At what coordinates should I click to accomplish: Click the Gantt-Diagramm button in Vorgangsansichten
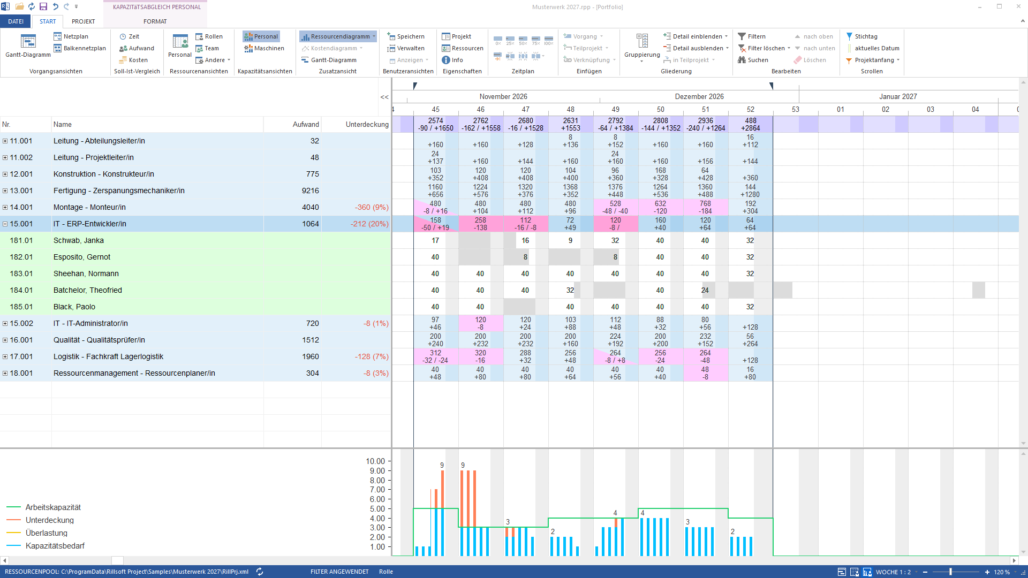pos(28,46)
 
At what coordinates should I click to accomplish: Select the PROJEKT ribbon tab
pos(83,21)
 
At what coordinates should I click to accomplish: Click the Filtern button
pos(752,36)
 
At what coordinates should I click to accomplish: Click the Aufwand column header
pos(306,124)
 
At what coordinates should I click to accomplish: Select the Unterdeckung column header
pos(367,124)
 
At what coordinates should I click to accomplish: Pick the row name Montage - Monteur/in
pos(89,207)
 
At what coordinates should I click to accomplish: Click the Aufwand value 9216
pos(311,191)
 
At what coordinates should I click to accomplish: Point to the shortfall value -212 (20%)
pos(370,224)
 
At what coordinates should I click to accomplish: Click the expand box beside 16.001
pos(5,340)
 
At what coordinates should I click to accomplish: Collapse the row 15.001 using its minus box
pos(5,224)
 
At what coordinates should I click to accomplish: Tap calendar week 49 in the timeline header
pos(616,109)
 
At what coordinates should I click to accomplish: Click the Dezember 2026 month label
pos(699,96)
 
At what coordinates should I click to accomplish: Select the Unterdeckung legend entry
pos(50,520)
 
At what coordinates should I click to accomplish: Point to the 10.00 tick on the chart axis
pos(375,461)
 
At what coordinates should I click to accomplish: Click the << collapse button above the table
pos(384,97)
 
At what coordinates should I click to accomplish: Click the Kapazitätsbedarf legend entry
pos(55,546)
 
